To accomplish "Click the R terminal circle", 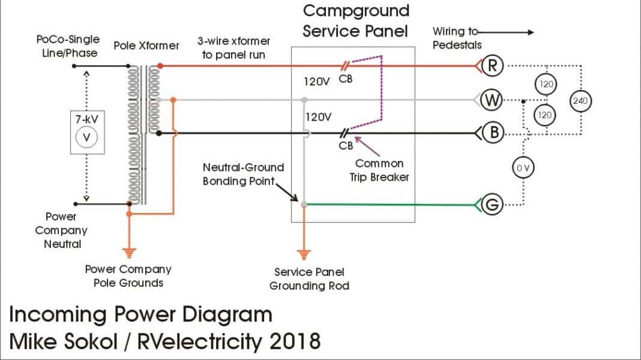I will click(492, 66).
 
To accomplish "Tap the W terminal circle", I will click(492, 100).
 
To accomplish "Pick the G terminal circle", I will click(492, 205).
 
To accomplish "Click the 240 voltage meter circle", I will click(580, 101).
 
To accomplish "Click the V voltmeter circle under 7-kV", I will click(86, 137).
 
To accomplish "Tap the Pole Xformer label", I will click(146, 46).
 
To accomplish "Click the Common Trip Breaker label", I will click(379, 170).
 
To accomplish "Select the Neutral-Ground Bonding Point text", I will click(243, 174).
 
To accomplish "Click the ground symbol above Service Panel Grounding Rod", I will click(304, 252).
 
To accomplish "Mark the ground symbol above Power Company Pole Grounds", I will click(129, 252).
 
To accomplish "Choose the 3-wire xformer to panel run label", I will click(233, 48).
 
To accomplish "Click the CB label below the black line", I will click(346, 146).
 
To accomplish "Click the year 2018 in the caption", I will click(294, 341).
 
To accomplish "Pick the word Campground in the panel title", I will click(356, 11).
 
